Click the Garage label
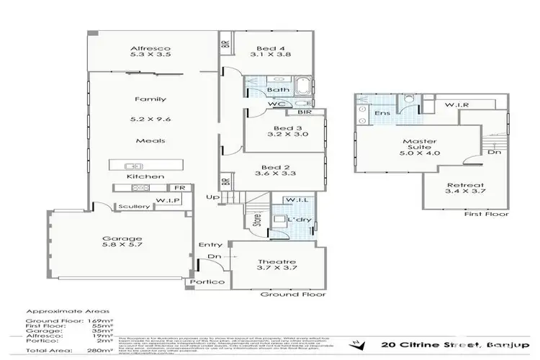pos(121,238)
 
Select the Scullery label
pos(135,207)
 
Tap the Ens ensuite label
pos(381,113)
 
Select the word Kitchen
pos(145,176)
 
